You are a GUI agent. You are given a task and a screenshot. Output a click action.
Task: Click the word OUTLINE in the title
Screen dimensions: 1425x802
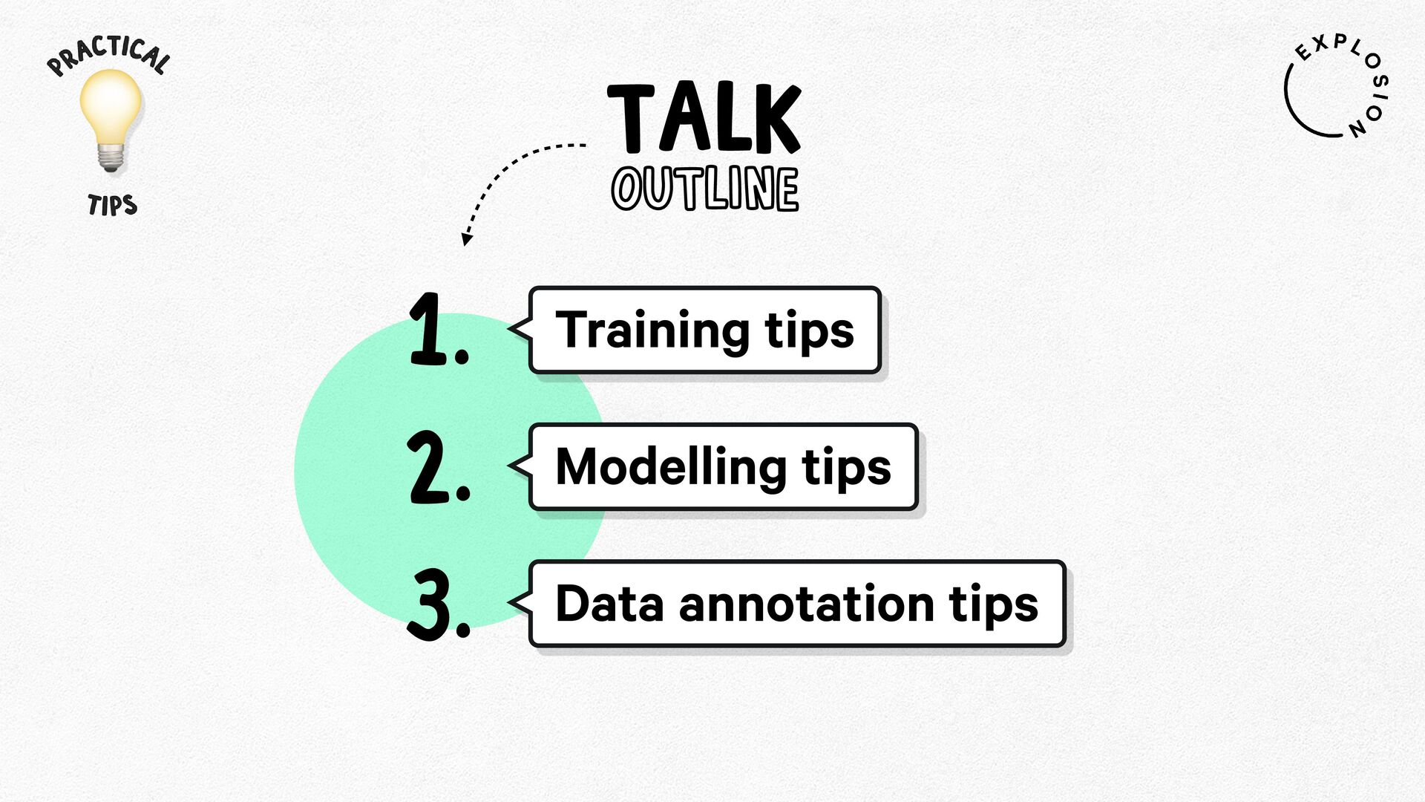point(705,189)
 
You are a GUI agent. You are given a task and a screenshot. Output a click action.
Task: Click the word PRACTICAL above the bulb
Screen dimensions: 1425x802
point(108,55)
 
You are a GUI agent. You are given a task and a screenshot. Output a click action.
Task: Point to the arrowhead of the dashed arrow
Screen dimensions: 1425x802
point(466,238)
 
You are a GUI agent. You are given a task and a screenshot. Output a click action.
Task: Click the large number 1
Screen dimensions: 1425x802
point(438,329)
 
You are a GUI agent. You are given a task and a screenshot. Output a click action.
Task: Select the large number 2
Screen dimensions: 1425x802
point(438,467)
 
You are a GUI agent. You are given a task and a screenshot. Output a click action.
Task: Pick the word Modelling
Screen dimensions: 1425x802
point(671,468)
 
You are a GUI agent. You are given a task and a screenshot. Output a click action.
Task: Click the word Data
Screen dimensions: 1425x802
point(609,604)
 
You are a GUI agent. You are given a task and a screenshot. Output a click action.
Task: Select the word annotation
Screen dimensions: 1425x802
point(806,604)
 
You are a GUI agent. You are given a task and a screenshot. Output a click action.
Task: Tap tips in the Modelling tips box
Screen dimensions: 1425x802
point(846,469)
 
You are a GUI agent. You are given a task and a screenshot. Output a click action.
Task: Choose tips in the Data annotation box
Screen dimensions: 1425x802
point(994,605)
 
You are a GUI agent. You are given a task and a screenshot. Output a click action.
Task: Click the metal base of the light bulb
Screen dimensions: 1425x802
point(111,157)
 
